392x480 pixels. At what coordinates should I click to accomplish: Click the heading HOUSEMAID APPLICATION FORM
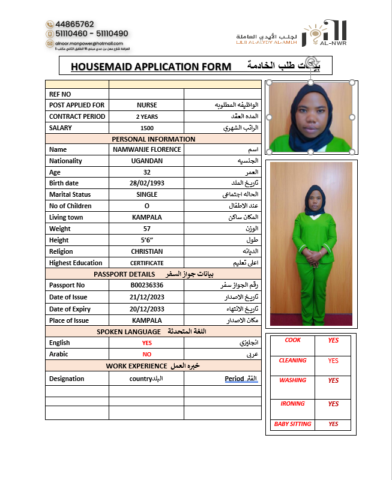coord(151,66)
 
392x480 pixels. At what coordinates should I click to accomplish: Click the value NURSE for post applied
coord(146,105)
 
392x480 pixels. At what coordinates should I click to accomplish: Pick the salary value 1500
coord(146,128)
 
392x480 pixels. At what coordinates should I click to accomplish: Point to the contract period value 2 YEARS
coord(146,116)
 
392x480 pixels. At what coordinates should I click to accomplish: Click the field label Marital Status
coord(70,194)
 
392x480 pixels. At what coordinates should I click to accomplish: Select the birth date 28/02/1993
coord(146,183)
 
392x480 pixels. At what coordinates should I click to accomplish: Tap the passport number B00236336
coord(146,285)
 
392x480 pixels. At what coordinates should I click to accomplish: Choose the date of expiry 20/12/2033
coord(146,309)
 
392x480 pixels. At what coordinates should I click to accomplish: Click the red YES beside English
coord(146,343)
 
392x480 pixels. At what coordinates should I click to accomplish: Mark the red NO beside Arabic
coord(146,354)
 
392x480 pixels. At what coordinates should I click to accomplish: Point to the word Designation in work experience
coord(67,379)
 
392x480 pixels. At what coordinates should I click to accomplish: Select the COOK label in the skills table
coord(292,340)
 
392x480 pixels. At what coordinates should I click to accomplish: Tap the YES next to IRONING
coord(333,404)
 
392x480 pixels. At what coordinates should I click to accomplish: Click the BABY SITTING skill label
coord(292,424)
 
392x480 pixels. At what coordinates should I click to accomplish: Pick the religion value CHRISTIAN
coord(146,251)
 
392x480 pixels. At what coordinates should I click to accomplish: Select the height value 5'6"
coord(146,240)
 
